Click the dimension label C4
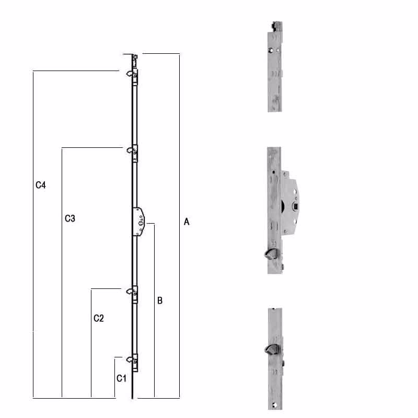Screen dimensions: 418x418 (41, 185)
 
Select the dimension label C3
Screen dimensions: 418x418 (70, 218)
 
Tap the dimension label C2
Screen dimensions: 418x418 (99, 318)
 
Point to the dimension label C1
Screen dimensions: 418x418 (121, 378)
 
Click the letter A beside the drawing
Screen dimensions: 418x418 (186, 222)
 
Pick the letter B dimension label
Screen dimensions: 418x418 (160, 301)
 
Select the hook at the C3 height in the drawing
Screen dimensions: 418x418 (129, 152)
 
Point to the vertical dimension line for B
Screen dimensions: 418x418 (154, 313)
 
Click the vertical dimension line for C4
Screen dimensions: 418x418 (33, 235)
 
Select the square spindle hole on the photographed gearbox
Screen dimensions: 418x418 (296, 208)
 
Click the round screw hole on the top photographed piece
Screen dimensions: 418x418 (270, 51)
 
